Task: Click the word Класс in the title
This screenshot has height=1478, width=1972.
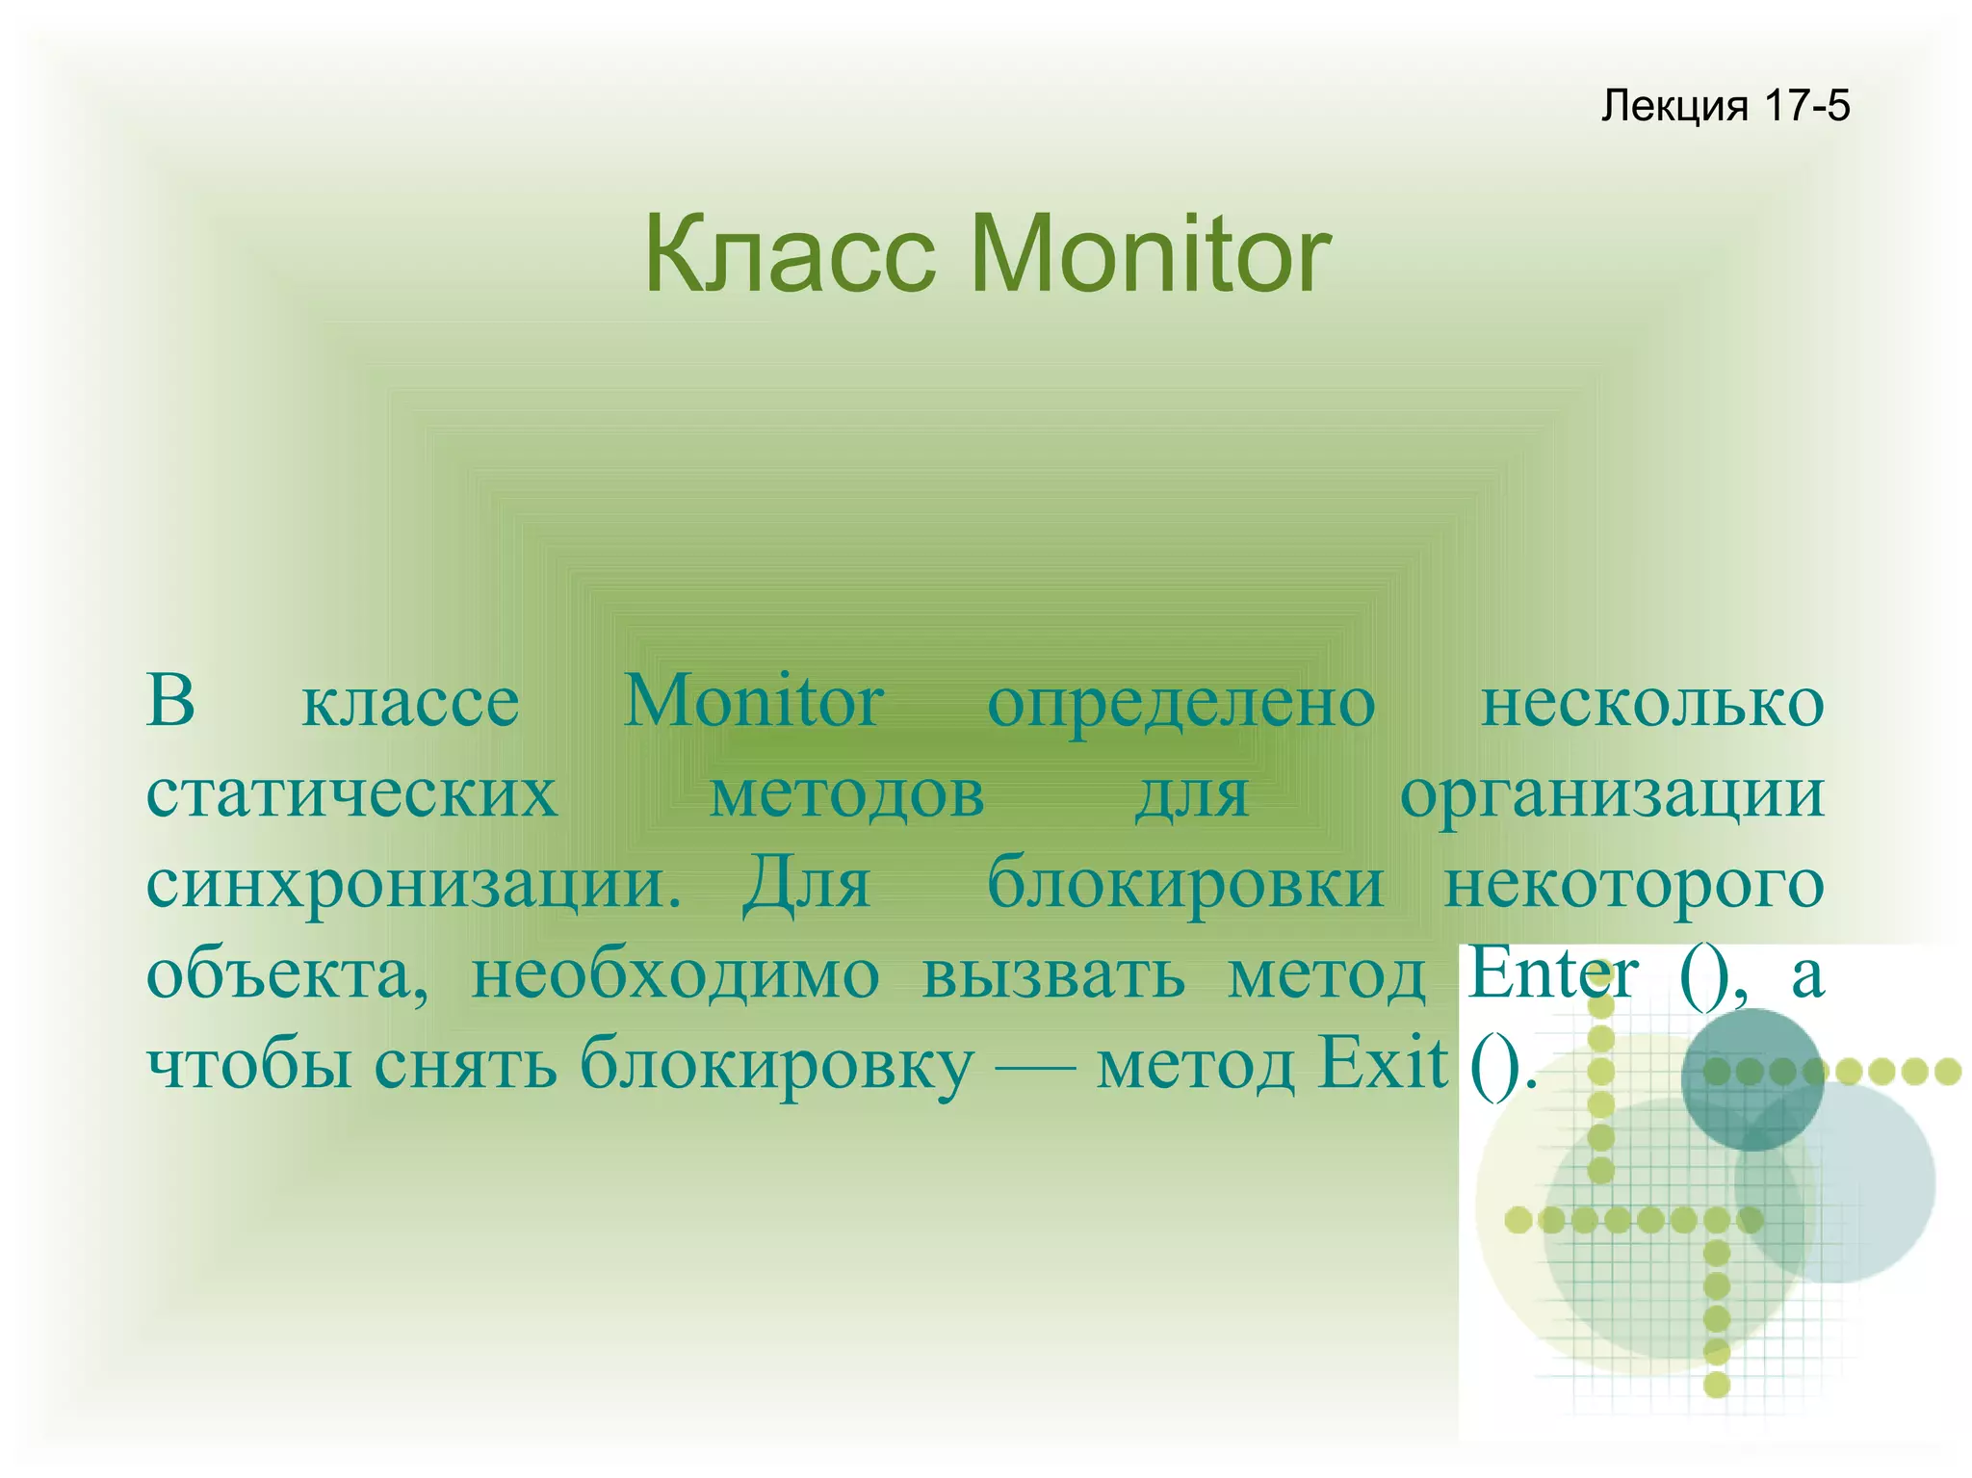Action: pyautogui.click(x=790, y=255)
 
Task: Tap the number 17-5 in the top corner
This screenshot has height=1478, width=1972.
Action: pyautogui.click(x=1807, y=105)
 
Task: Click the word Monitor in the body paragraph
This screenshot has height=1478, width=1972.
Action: pyautogui.click(x=754, y=702)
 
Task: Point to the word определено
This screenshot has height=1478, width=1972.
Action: pyautogui.click(x=1181, y=704)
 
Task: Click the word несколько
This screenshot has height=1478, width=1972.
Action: pyautogui.click(x=1651, y=702)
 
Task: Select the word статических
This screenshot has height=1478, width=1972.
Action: pyautogui.click(x=351, y=795)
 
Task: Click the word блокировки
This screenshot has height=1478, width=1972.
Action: pyautogui.click(x=1185, y=884)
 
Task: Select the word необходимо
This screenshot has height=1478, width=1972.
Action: pyautogui.click(x=675, y=974)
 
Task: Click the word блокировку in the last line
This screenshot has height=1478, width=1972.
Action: pyautogui.click(x=776, y=1065)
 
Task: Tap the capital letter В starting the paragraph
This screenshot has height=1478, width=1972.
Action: pyautogui.click(x=170, y=700)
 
